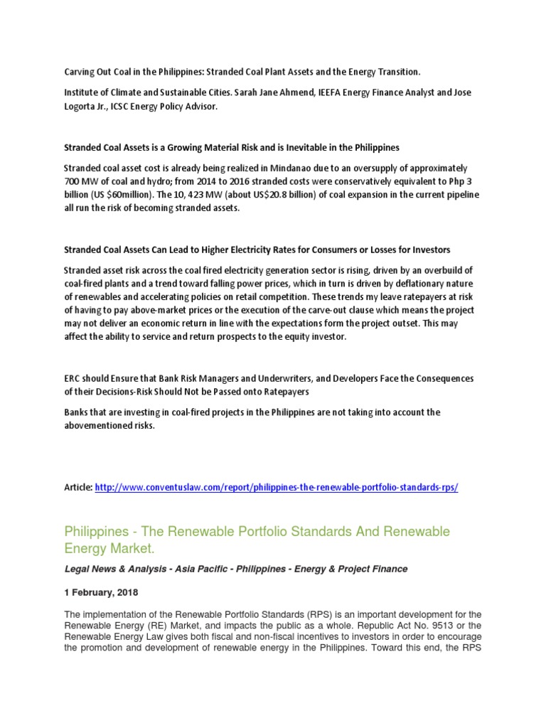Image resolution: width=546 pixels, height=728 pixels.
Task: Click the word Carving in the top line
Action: tap(79, 72)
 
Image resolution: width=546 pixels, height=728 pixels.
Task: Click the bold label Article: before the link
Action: tap(78, 488)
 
